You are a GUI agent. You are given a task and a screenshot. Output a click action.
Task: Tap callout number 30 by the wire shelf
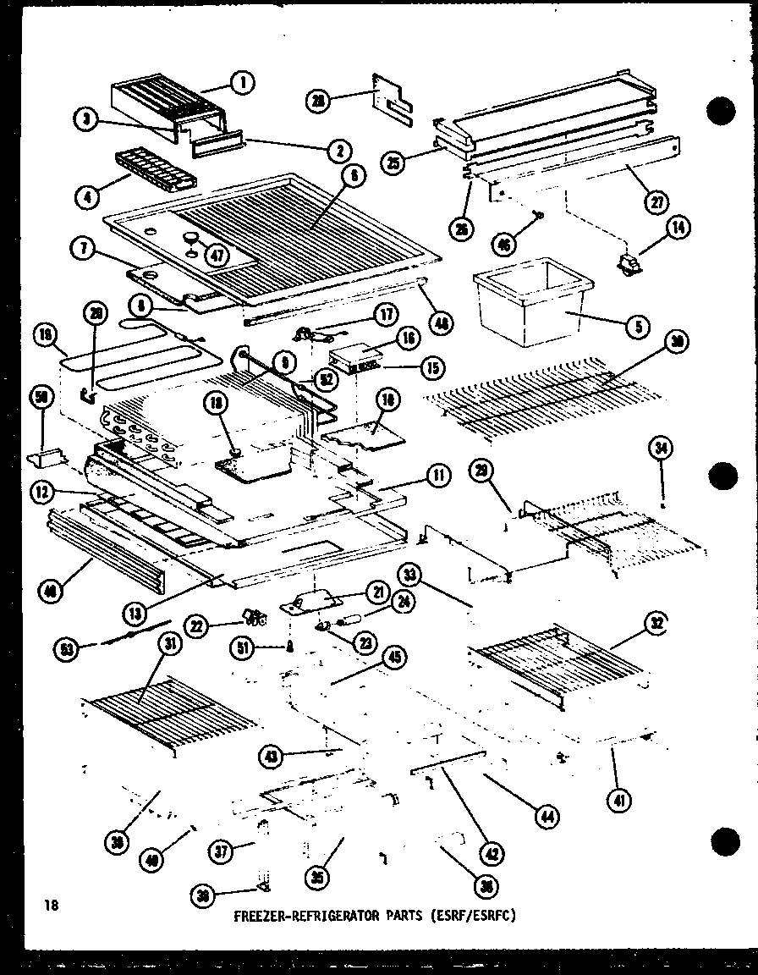(x=676, y=342)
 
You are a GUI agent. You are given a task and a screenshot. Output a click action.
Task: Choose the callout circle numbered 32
(x=656, y=625)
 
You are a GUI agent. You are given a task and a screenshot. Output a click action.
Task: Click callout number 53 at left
(x=63, y=649)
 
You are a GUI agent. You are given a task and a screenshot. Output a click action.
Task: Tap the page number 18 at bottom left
(x=52, y=906)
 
